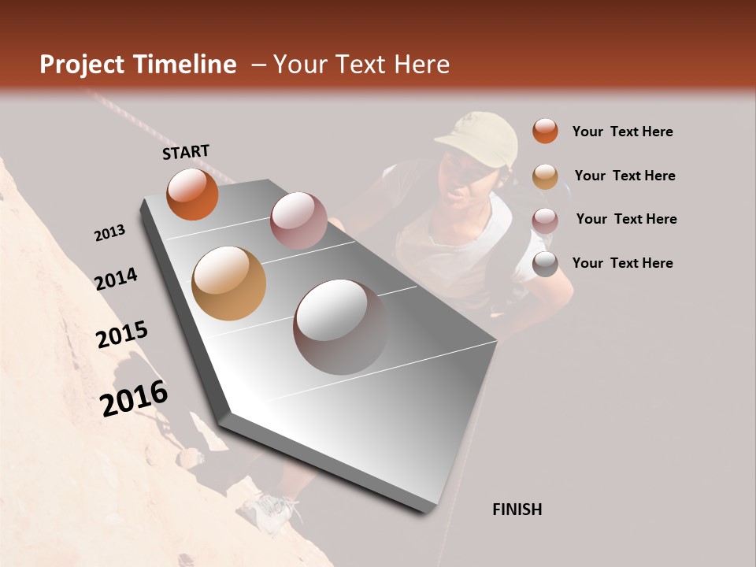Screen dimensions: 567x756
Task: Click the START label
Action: [186, 152]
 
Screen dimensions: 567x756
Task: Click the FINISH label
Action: [517, 510]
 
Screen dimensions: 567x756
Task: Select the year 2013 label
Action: [109, 233]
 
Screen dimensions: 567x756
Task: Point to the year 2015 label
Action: [122, 335]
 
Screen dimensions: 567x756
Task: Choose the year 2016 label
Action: [134, 398]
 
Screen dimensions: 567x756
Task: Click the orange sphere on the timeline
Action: [192, 194]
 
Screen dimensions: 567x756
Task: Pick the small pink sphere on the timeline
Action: [298, 220]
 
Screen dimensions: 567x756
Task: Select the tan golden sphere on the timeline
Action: [228, 283]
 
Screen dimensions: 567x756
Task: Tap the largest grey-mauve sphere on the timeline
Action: [340, 327]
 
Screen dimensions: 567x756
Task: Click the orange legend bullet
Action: [545, 131]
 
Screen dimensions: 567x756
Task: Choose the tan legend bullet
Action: [545, 176]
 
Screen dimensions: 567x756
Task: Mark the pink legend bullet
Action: [545, 220]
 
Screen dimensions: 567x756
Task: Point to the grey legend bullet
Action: [545, 264]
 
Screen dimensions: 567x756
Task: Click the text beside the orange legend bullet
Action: [622, 132]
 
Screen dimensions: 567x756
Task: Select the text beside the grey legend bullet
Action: [622, 263]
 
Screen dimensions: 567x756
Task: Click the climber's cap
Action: [480, 137]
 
